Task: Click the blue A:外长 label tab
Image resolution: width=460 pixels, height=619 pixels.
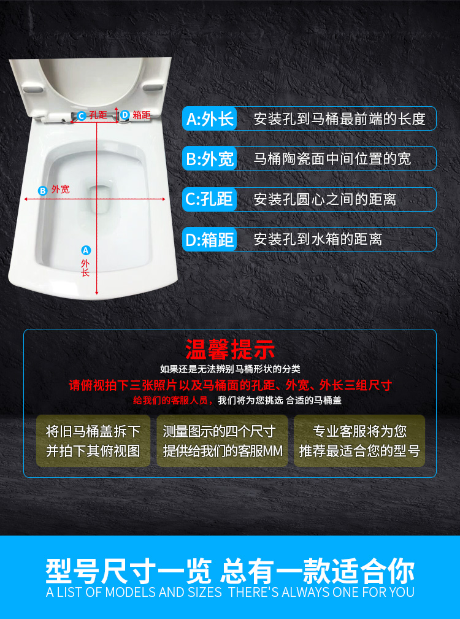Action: tap(210, 118)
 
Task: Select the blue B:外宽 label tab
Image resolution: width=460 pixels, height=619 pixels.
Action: tap(210, 158)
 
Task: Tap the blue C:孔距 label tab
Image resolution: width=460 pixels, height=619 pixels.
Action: tap(210, 199)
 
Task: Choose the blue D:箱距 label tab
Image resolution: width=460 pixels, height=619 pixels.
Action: tap(210, 239)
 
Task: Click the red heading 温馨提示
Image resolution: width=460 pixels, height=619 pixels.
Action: tap(230, 349)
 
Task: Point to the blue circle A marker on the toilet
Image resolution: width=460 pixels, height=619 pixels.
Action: tap(86, 250)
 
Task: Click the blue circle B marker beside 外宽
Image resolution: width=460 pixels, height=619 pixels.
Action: tap(42, 190)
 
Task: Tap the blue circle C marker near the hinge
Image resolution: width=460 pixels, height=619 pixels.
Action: tap(82, 116)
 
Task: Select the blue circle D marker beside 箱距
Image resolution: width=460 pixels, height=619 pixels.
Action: tap(125, 115)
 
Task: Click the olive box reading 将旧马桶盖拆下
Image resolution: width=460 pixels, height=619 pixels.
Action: tap(93, 440)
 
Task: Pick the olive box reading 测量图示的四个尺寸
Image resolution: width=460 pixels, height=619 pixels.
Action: tap(222, 440)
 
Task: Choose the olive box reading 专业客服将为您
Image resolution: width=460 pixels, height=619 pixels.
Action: tap(359, 440)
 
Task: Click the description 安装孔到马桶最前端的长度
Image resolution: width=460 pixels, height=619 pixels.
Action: tap(339, 119)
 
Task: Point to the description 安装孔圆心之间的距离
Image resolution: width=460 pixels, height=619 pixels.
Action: tap(324, 199)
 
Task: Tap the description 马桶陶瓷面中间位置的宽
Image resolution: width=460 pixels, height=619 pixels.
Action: tap(332, 159)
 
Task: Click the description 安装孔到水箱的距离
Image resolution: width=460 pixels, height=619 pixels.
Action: tap(318, 239)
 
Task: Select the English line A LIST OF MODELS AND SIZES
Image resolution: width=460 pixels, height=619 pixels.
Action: tap(134, 592)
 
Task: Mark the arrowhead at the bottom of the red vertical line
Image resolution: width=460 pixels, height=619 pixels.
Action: tap(97, 293)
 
